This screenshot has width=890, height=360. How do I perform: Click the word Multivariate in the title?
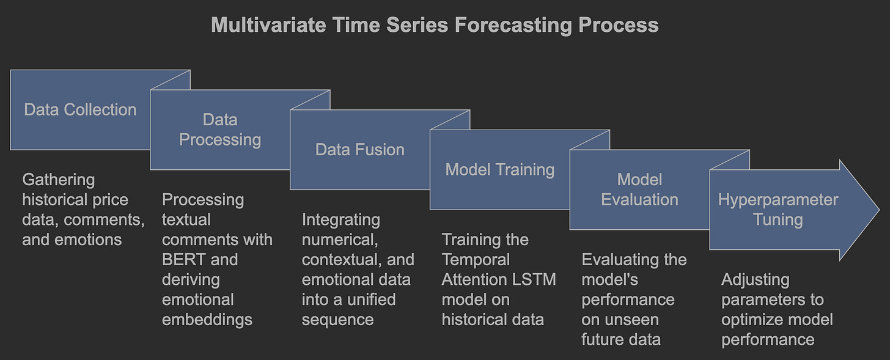(x=268, y=25)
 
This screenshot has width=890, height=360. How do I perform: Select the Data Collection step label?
(x=80, y=109)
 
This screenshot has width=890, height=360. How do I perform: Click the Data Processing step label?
(x=220, y=130)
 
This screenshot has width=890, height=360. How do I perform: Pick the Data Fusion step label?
(x=360, y=150)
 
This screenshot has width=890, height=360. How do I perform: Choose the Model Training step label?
(x=500, y=170)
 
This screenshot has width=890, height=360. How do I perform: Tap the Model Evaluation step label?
(x=639, y=189)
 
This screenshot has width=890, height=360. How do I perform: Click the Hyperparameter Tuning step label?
(x=778, y=210)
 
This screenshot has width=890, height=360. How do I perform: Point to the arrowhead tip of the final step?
(x=879, y=210)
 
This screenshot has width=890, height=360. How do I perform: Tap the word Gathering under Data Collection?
(x=59, y=180)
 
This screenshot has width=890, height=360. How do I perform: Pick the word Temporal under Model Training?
(x=476, y=260)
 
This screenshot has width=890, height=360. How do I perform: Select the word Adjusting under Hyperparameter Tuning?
(x=756, y=280)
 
